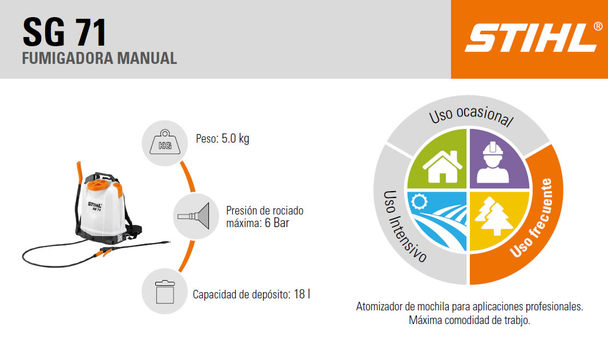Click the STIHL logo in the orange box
(530, 38)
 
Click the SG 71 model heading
(65, 32)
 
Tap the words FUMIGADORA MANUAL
(100, 58)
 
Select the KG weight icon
(165, 142)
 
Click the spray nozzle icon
(194, 216)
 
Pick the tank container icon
(165, 292)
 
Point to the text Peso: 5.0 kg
(223, 138)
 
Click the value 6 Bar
(277, 223)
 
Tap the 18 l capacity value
(301, 294)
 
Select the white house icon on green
(442, 167)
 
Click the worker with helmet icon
(493, 163)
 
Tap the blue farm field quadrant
(437, 221)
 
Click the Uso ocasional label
(471, 115)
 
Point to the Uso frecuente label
(532, 218)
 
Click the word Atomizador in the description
(379, 306)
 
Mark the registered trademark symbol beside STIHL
(598, 26)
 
